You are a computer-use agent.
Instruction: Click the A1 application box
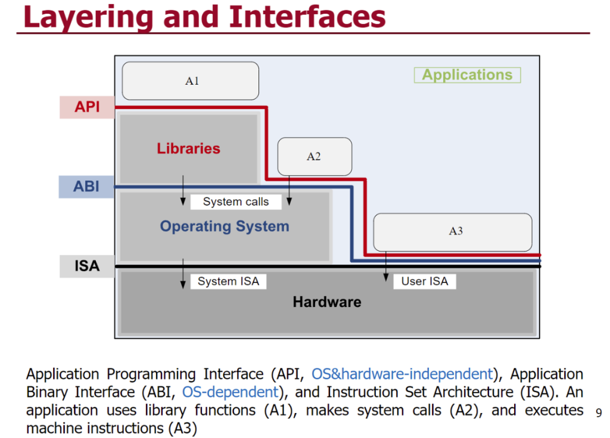click(x=190, y=80)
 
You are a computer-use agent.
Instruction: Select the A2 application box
click(x=315, y=157)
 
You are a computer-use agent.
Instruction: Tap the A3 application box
click(x=453, y=232)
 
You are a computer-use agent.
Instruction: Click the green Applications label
click(x=467, y=74)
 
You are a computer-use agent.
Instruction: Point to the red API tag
click(x=87, y=107)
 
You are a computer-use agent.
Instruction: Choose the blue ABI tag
click(x=86, y=187)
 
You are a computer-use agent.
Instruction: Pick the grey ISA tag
click(x=87, y=266)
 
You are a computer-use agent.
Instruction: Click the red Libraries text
click(x=188, y=148)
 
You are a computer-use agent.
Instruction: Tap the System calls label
click(x=236, y=201)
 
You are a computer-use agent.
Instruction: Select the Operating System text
click(x=225, y=226)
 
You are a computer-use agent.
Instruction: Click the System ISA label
click(x=228, y=281)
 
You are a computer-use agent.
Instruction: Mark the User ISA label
click(x=424, y=281)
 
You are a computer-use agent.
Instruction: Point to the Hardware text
click(x=327, y=302)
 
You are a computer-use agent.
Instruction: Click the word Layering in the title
click(x=89, y=17)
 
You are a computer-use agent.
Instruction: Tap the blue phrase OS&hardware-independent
click(x=402, y=374)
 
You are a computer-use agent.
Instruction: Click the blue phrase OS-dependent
click(x=231, y=392)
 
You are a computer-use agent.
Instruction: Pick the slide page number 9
click(x=599, y=413)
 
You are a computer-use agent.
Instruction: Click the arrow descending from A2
click(x=289, y=190)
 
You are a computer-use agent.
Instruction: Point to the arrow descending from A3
click(x=386, y=266)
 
